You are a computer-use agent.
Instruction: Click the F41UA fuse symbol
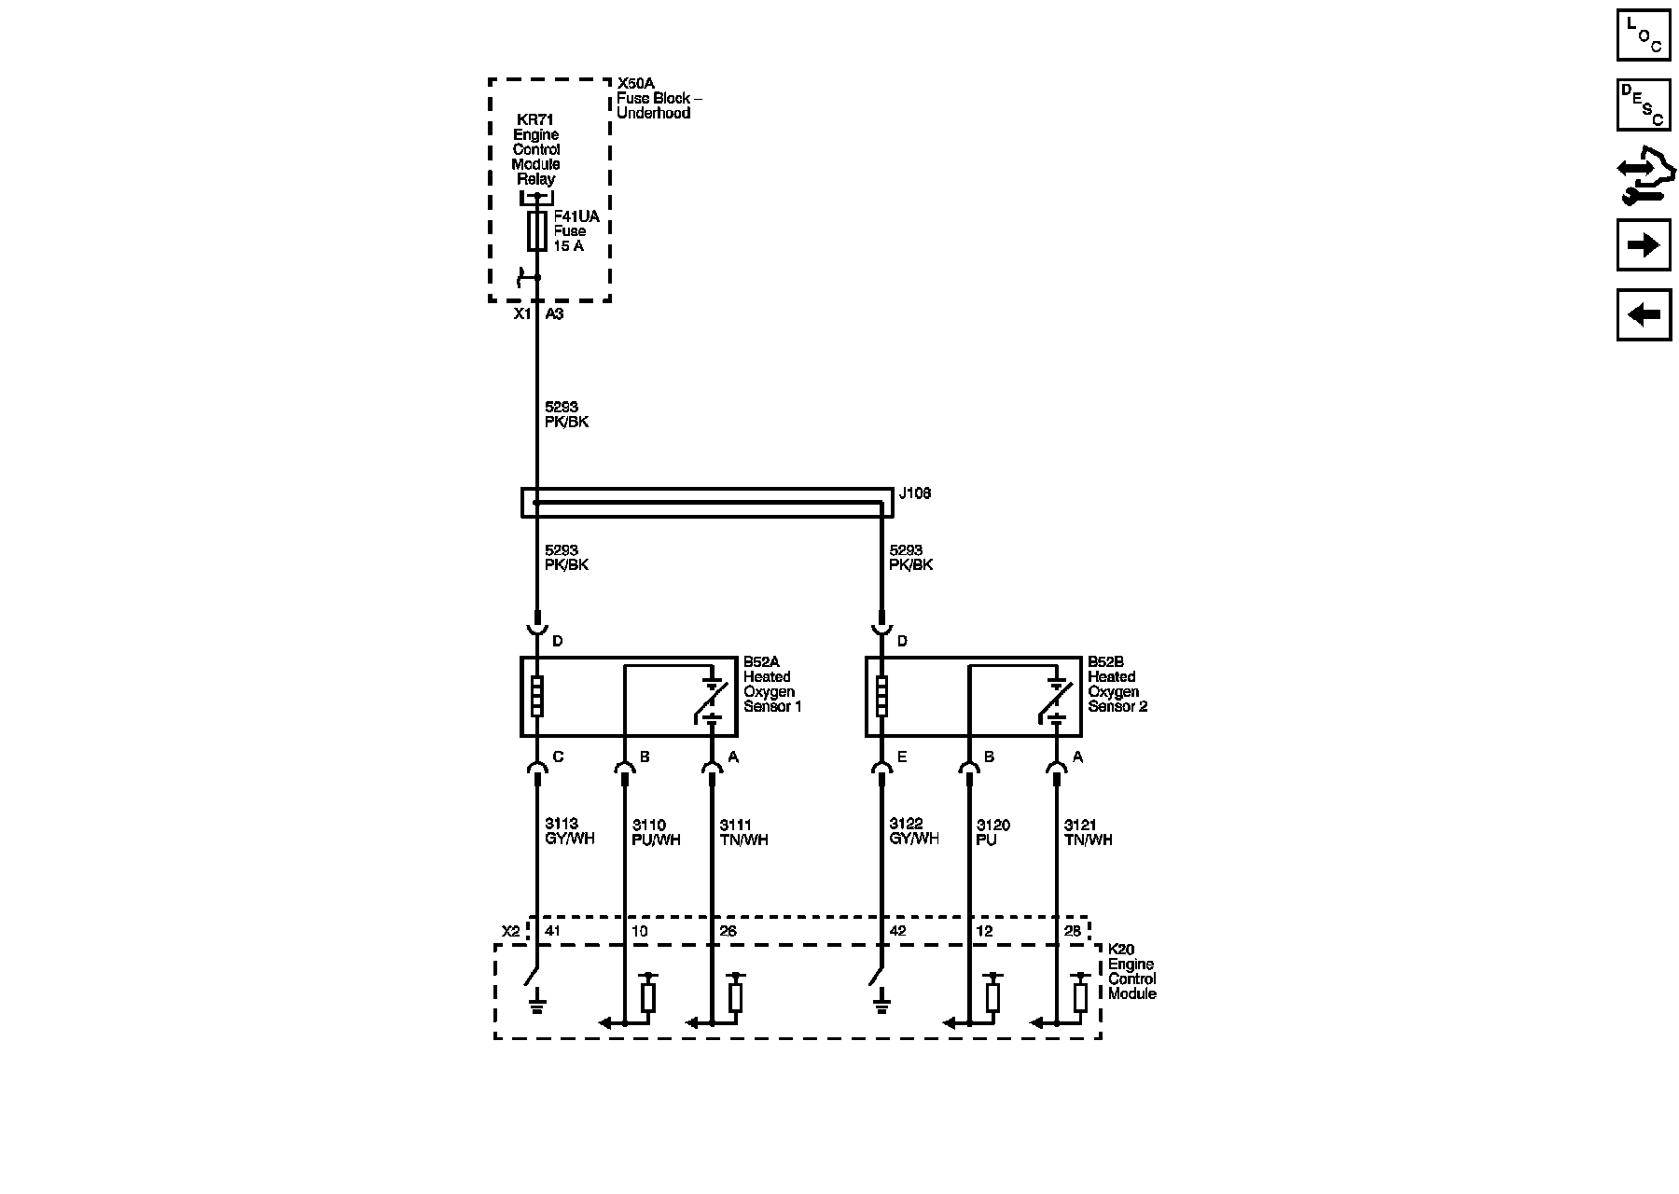[536, 230]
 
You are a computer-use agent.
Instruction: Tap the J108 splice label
[914, 493]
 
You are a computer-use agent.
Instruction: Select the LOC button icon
[1643, 35]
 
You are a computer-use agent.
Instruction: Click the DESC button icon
[1643, 104]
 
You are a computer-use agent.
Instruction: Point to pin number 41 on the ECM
[552, 931]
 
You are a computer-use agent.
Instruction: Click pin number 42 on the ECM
[897, 931]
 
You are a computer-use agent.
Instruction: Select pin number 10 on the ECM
[639, 931]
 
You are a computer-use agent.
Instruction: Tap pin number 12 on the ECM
[984, 931]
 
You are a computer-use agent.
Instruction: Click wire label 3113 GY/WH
[569, 831]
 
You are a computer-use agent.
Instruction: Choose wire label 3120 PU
[992, 832]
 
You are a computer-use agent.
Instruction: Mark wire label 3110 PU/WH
[656, 832]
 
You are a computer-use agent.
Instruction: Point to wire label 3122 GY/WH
[913, 831]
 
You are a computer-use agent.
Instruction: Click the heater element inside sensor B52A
[536, 696]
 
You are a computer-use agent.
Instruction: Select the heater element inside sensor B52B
[881, 696]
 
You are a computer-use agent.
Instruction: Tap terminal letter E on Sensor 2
[902, 757]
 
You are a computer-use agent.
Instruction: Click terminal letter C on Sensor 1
[558, 757]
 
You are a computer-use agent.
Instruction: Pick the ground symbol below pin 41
[536, 1005]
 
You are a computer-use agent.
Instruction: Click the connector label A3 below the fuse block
[554, 314]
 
